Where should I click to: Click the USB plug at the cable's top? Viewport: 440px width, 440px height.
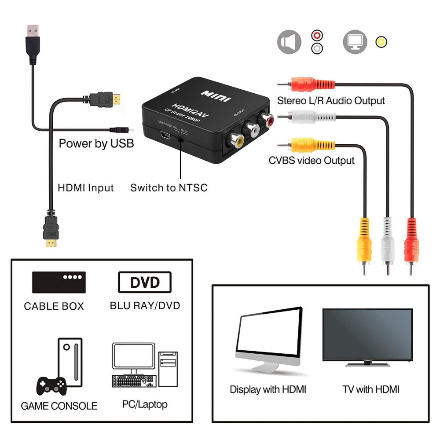(x=32, y=40)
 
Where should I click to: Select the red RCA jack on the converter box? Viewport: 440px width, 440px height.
(x=267, y=118)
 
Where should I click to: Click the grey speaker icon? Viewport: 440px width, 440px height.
(x=289, y=42)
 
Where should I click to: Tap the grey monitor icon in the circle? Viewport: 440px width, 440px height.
(x=355, y=42)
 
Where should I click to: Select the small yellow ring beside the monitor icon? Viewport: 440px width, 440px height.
(x=381, y=42)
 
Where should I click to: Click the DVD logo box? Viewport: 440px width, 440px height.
(x=145, y=282)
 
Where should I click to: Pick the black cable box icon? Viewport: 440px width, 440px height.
(x=59, y=282)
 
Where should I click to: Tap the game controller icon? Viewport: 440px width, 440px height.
(x=51, y=386)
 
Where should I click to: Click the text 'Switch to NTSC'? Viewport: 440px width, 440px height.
(x=169, y=188)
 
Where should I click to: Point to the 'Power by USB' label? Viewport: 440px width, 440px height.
(x=96, y=143)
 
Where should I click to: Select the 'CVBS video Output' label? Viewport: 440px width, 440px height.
(x=312, y=161)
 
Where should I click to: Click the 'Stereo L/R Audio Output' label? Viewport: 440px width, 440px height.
(x=331, y=101)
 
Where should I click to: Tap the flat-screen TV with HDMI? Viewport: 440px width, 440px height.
(x=367, y=337)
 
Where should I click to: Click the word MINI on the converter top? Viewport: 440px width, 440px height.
(x=215, y=95)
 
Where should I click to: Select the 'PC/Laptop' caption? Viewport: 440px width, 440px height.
(x=145, y=404)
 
